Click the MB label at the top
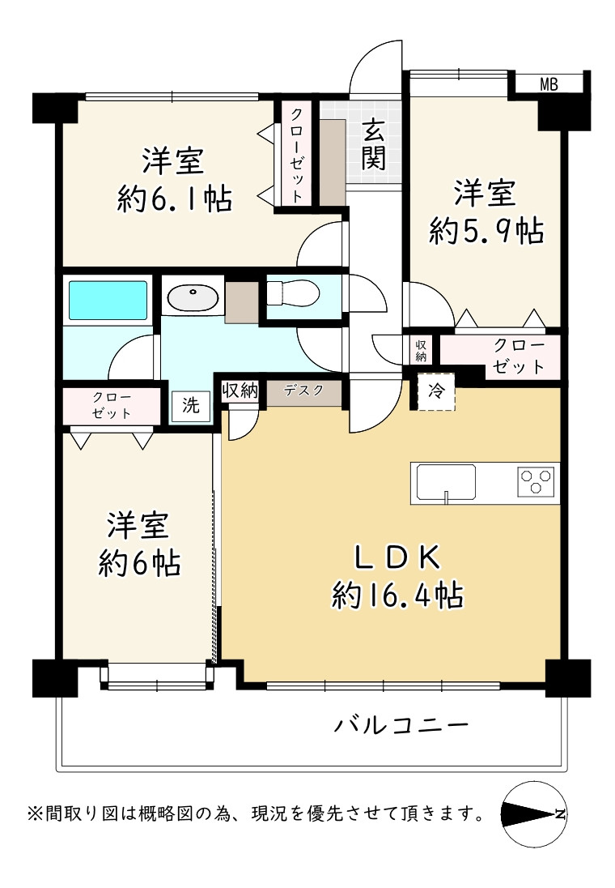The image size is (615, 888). pos(548,85)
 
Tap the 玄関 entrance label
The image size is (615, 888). pos(373,145)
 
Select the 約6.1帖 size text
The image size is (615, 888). pos(174,199)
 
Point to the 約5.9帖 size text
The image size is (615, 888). pos(486,231)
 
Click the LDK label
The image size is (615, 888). pos(397,558)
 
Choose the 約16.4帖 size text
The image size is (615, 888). pos(397,595)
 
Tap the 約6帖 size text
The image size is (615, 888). pos(139,563)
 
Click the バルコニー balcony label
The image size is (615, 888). pos(401,725)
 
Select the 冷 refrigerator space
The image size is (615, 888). pos(436,391)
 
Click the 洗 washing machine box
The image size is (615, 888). pos(191,405)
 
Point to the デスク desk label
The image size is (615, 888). pos(303,391)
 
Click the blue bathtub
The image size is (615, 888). pos(108,300)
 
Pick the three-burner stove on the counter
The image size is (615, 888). pos(536,482)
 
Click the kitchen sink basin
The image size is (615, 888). pos(446,482)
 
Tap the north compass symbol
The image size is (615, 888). pos(533,814)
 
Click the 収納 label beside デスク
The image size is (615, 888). pos(240,391)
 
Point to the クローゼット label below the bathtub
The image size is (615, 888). pos(112,405)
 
